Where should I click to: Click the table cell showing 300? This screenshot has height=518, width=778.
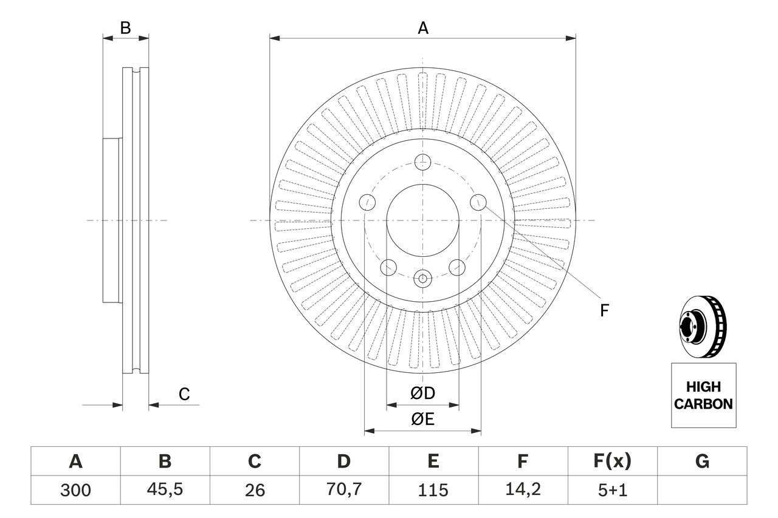click(x=75, y=489)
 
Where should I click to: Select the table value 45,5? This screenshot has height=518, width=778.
click(x=165, y=489)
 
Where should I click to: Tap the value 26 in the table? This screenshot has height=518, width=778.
click(x=254, y=489)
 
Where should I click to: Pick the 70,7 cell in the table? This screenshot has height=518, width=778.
click(x=343, y=489)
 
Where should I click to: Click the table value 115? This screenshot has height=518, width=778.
click(x=433, y=489)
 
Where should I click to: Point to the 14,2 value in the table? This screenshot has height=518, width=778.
click(x=522, y=489)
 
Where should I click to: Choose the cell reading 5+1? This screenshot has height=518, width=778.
click(x=611, y=489)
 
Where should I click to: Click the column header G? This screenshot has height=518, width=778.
click(x=702, y=462)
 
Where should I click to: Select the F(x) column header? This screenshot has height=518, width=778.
click(x=611, y=462)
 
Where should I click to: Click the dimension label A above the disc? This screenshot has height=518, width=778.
click(x=422, y=28)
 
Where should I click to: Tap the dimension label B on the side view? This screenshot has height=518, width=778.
click(x=125, y=28)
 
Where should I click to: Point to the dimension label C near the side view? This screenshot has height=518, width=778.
click(x=184, y=394)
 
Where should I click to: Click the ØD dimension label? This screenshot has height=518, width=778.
click(x=422, y=394)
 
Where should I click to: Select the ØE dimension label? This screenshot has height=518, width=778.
click(x=422, y=420)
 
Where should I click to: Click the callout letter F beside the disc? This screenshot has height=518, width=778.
click(x=604, y=311)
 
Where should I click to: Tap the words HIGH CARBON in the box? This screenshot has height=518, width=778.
click(x=703, y=395)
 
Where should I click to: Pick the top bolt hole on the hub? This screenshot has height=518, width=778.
click(x=422, y=162)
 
